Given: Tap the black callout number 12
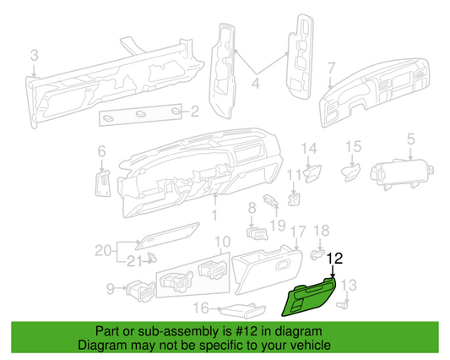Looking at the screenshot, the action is tap(335, 259).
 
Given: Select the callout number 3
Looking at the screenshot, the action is tap(35, 55).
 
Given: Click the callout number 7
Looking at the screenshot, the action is tap(332, 68).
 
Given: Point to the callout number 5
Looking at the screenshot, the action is tap(410, 139).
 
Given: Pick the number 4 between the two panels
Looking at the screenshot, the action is tap(256, 84).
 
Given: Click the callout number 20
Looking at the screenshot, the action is tap(103, 250).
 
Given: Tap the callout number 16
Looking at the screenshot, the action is tap(201, 308).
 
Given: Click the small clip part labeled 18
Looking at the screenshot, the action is tap(317, 254).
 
